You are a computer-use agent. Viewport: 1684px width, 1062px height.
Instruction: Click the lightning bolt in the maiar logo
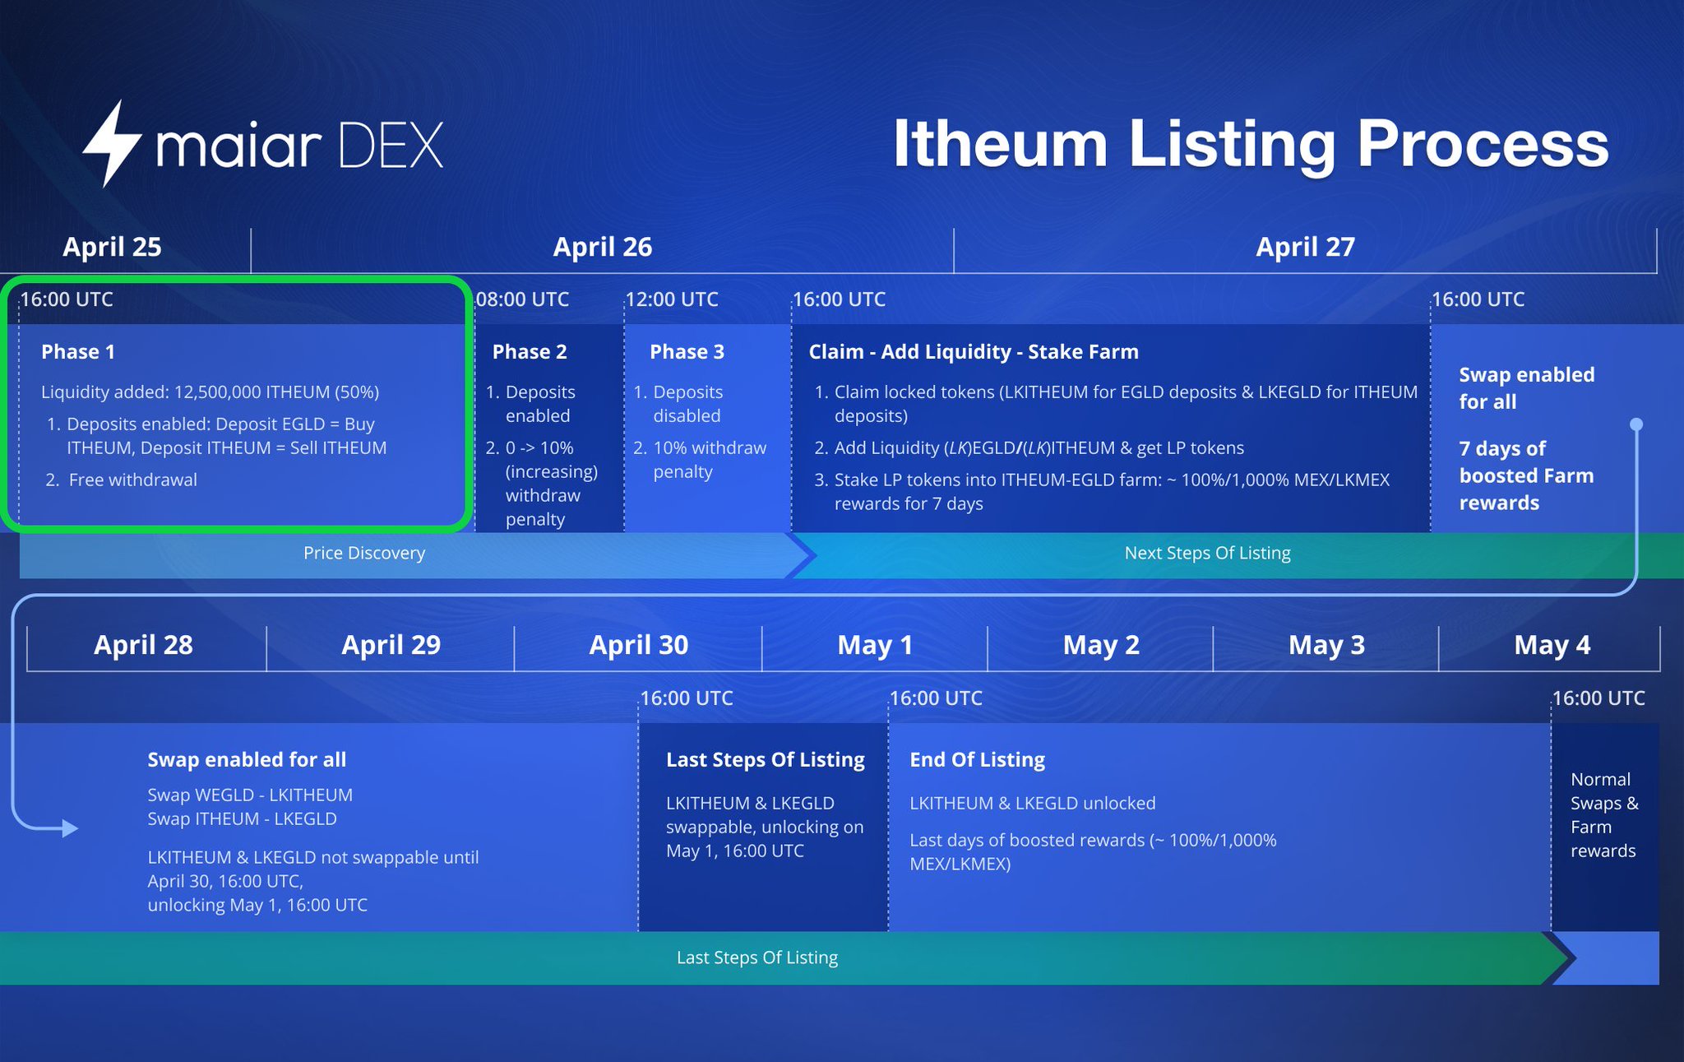pos(113,144)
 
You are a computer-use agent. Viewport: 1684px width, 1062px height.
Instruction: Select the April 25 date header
pos(112,247)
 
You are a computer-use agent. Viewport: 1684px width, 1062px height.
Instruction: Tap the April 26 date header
pos(602,247)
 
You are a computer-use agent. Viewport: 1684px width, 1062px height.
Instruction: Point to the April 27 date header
pos(1305,247)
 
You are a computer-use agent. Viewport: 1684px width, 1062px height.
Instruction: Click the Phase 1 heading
pos(78,352)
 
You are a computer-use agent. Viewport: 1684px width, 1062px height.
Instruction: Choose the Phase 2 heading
pos(530,352)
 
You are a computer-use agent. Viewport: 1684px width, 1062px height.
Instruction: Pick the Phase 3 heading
pos(687,352)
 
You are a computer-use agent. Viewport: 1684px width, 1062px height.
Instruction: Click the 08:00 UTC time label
pos(523,299)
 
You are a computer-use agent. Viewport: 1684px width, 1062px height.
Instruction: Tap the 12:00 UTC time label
pos(672,299)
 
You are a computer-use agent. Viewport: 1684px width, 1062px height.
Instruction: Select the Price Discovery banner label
pos(364,553)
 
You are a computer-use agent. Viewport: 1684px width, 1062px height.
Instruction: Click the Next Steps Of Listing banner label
pos(1207,553)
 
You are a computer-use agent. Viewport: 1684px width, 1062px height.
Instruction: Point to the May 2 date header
pos(1101,645)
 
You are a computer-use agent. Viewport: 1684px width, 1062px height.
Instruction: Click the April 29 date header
pos(391,645)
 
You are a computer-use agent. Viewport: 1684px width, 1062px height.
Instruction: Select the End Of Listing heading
pos(977,759)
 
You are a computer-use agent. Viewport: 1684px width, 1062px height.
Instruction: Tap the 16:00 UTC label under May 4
pos(1598,698)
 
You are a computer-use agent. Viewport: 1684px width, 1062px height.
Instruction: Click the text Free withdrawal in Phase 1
pos(132,480)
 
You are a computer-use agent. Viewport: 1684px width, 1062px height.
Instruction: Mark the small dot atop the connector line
pos(1636,424)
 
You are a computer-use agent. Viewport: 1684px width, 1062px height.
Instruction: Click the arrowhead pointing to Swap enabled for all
pos(70,828)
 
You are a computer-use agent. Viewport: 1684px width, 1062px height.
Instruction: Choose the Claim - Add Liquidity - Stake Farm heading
pos(974,352)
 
